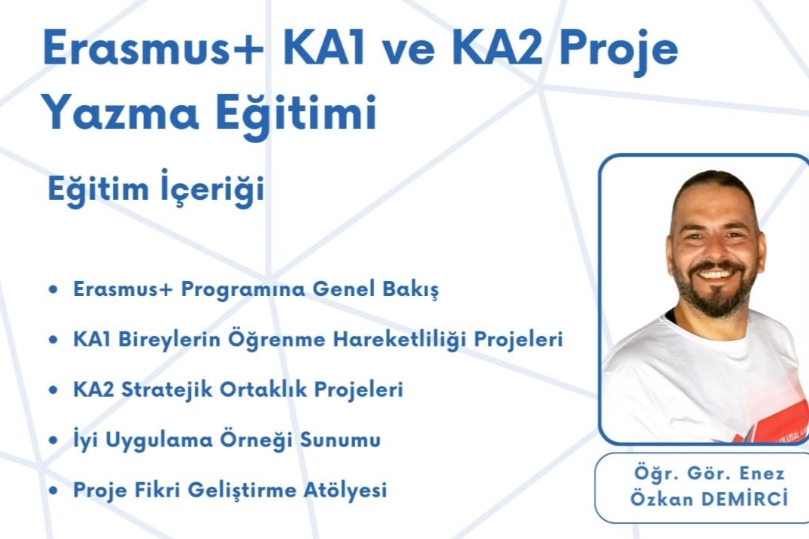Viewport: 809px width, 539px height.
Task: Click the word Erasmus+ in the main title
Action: [x=153, y=48]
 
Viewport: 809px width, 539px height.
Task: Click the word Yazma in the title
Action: [x=120, y=112]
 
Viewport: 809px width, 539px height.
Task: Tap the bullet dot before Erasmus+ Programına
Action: [x=52, y=289]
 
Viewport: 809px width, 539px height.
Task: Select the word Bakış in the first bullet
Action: [x=411, y=289]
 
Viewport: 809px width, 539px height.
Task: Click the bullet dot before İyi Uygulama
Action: [x=52, y=441]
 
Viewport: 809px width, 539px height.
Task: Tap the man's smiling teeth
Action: [x=715, y=273]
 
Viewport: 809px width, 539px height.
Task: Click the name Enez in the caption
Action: [x=762, y=473]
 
